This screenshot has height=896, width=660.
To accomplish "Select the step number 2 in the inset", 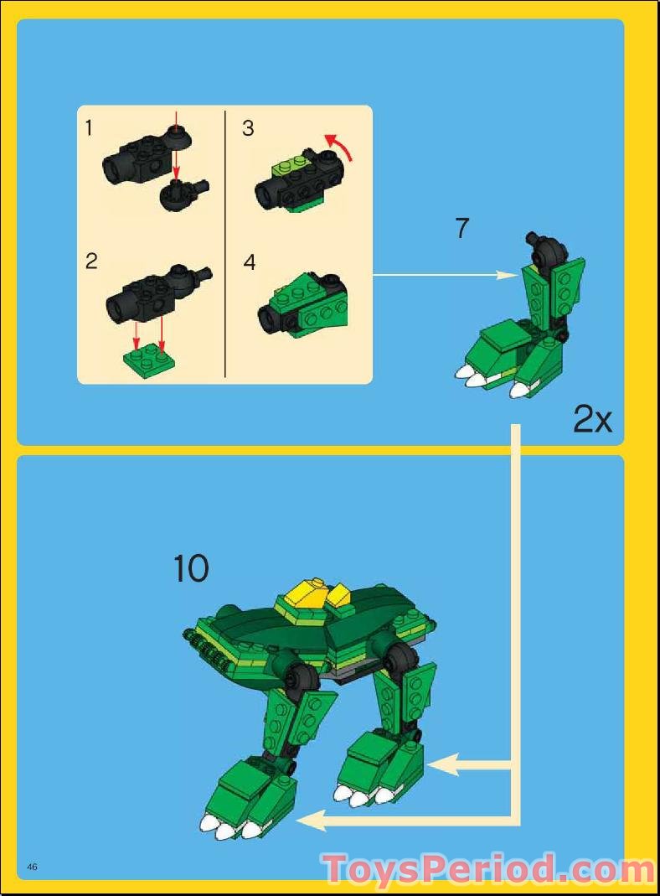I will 91,261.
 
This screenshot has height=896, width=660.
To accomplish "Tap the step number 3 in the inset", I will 248,128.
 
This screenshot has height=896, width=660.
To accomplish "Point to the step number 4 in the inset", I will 249,262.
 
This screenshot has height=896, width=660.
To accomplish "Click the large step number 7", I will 463,228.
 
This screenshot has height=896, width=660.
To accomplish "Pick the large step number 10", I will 191,569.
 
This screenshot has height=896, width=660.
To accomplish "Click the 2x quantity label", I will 592,419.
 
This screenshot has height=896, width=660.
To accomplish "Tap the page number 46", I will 33,866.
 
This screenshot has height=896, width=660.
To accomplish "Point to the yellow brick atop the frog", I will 307,596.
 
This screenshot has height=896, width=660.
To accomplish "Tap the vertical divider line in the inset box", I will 225,243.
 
